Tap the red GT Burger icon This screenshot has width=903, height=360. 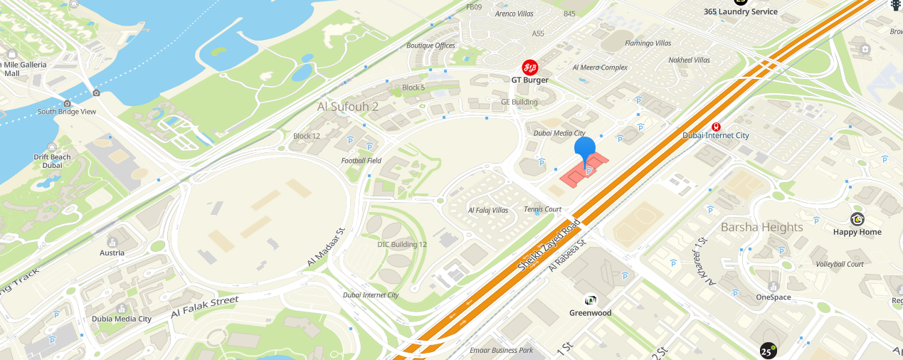530,68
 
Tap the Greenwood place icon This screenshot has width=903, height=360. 590,300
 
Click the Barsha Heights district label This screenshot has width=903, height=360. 761,227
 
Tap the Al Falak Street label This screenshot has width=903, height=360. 204,307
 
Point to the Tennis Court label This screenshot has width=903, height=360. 542,209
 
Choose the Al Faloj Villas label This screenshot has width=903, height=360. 487,211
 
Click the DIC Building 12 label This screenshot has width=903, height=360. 402,244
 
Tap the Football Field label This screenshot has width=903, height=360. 361,161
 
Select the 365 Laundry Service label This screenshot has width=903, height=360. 740,11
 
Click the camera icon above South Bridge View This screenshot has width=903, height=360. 67,103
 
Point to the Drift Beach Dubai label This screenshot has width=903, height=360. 52,161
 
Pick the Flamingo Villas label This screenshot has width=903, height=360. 648,43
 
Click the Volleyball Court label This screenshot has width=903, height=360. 840,264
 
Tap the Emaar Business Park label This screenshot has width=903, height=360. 501,350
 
